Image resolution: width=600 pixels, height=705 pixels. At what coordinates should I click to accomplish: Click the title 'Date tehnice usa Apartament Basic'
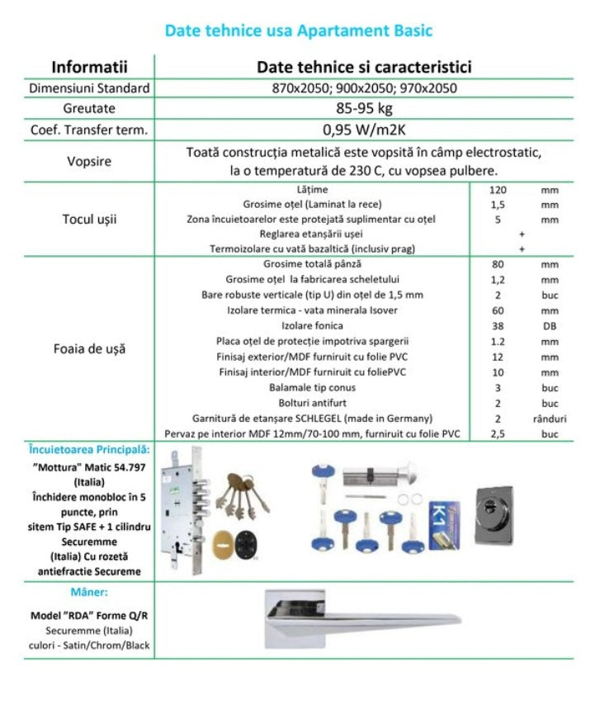299,31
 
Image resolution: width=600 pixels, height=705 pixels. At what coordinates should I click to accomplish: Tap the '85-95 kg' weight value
364,108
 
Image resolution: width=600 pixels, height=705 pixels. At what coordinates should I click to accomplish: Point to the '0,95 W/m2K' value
364,129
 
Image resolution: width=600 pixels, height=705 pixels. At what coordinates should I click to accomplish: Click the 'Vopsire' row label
88,161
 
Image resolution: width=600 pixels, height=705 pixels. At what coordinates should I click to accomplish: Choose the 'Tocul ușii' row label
89,219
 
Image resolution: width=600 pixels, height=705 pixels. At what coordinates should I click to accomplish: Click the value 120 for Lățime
498,190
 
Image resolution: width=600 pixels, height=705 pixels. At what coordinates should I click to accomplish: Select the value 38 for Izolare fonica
498,325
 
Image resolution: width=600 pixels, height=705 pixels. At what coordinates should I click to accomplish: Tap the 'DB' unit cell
549,325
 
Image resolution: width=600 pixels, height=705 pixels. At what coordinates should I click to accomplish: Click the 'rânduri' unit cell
549,419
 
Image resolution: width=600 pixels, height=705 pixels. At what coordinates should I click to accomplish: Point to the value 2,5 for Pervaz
498,433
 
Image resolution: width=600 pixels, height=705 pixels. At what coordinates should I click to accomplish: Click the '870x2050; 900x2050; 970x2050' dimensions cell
364,88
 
